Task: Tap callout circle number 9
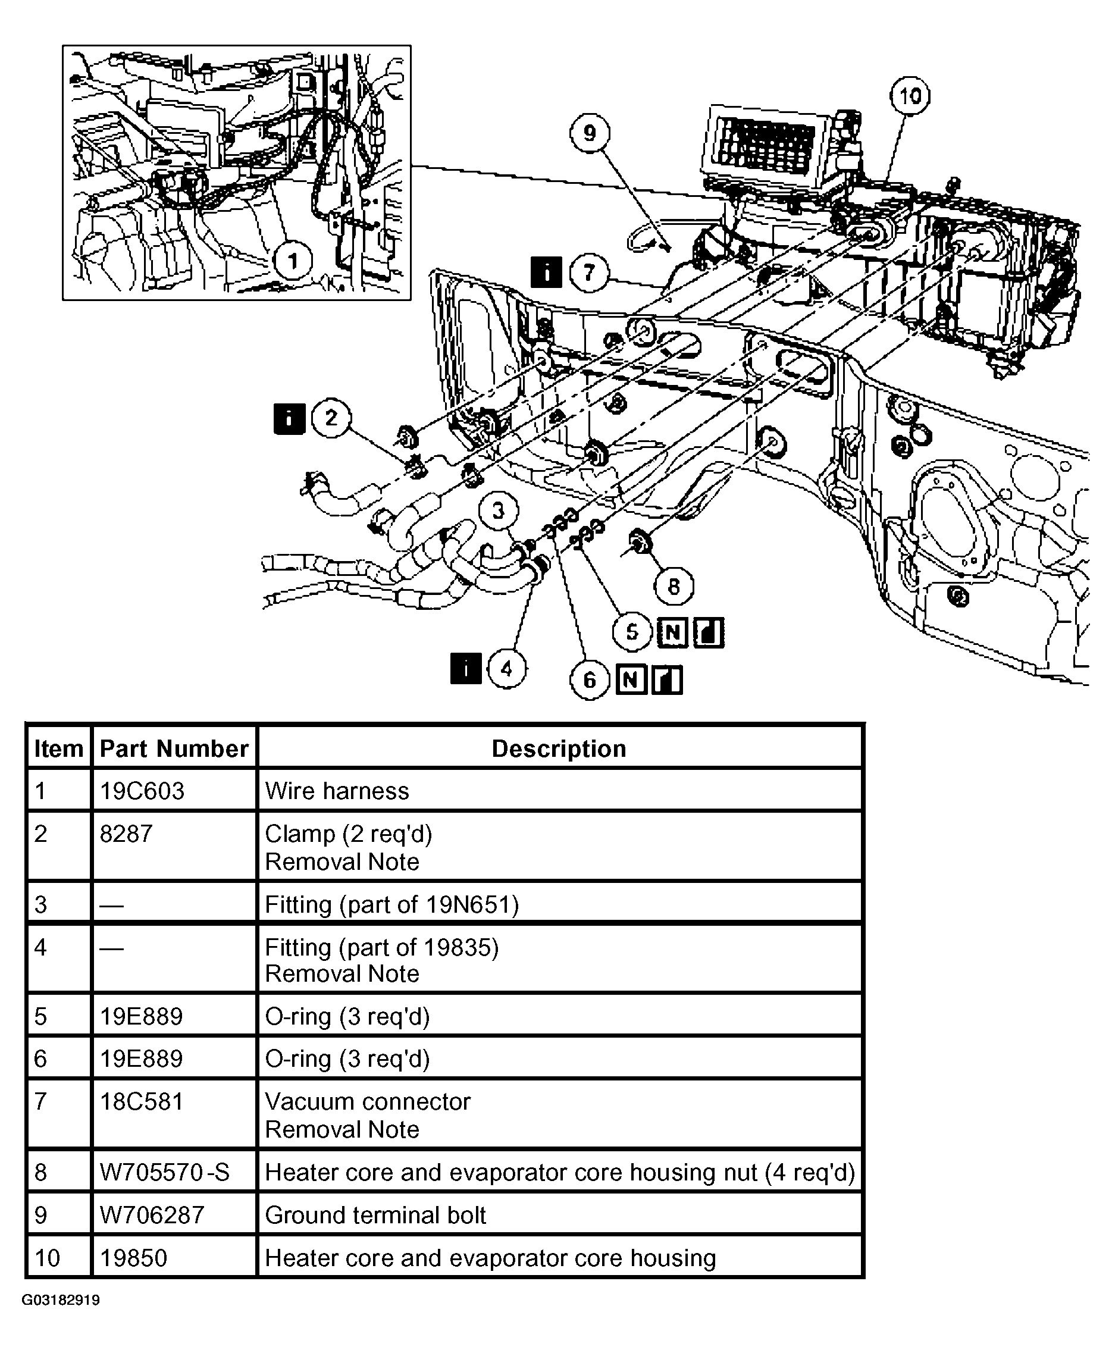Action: pos(589,133)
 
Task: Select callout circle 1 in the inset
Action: pos(293,261)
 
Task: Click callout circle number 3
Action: pos(499,510)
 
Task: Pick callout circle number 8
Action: pos(674,586)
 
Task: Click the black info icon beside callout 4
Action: pos(466,668)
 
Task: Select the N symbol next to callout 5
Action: pos(672,632)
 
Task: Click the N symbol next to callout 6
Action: pos(631,679)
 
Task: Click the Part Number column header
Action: pos(174,748)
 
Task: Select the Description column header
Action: pos(559,748)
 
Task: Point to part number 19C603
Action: pos(142,791)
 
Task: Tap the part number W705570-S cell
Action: pos(165,1172)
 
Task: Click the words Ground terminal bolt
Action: pos(375,1215)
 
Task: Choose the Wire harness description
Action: pos(337,791)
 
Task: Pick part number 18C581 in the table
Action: pos(142,1101)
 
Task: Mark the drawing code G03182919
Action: pos(61,1300)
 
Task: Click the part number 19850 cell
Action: pos(133,1258)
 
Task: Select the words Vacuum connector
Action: pos(368,1101)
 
